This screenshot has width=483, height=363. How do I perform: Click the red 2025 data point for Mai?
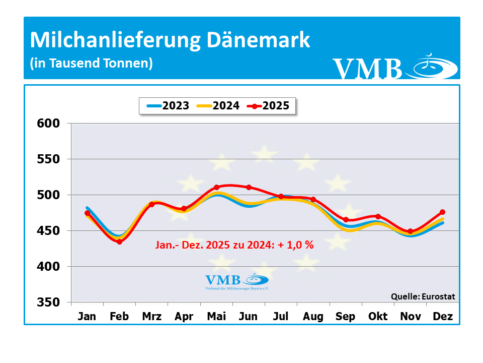(216, 188)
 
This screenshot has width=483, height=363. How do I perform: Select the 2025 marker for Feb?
(120, 241)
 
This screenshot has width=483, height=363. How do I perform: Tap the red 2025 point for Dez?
(442, 212)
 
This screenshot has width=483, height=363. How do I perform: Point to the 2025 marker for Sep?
(346, 220)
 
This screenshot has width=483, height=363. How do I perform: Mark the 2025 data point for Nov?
(410, 231)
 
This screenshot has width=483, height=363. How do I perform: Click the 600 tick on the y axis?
(49, 124)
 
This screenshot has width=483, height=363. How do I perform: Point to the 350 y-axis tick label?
(49, 302)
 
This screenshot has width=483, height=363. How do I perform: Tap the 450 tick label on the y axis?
(49, 231)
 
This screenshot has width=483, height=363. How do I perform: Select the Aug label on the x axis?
(313, 317)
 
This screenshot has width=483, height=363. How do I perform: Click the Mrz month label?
(152, 317)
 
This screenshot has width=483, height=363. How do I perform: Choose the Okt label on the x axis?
(378, 317)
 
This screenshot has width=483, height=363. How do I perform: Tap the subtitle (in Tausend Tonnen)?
(91, 64)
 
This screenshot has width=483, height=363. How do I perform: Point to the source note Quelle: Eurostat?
(423, 296)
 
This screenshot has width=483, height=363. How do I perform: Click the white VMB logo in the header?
(394, 68)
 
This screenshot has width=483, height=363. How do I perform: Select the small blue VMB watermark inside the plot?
(237, 282)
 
